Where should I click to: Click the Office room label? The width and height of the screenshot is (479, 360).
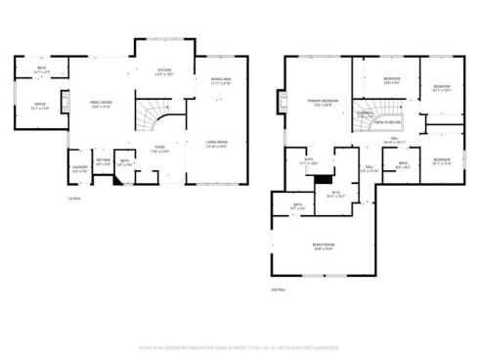pos(40,105)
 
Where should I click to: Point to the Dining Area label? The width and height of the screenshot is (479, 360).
pos(221,81)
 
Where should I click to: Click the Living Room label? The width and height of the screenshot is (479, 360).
pos(217,146)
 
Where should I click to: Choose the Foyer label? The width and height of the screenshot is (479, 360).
pos(158,150)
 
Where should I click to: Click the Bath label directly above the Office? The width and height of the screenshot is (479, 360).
pos(41,70)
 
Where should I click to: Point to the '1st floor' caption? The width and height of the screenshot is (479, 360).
pos(73,199)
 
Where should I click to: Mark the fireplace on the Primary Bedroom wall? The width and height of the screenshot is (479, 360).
pos(283,102)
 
